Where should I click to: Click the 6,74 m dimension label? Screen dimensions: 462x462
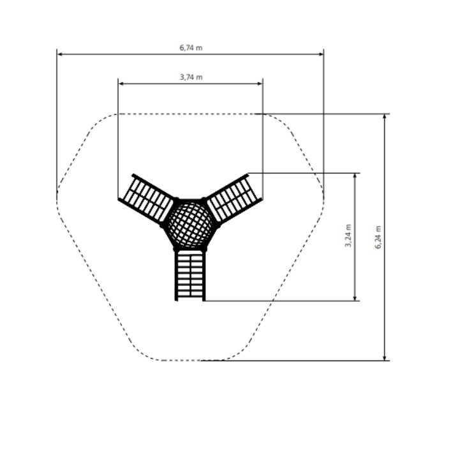coord(191,48)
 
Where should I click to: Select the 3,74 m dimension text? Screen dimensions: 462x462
coord(191,77)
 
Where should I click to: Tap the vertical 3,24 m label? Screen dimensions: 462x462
coord(348,235)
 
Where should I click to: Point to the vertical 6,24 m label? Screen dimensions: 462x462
coord(378,237)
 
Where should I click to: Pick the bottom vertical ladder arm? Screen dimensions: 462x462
coord(190,276)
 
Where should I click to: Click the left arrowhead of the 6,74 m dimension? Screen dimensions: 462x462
coord(59,54)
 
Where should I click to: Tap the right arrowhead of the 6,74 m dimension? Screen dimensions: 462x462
coord(321,54)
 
